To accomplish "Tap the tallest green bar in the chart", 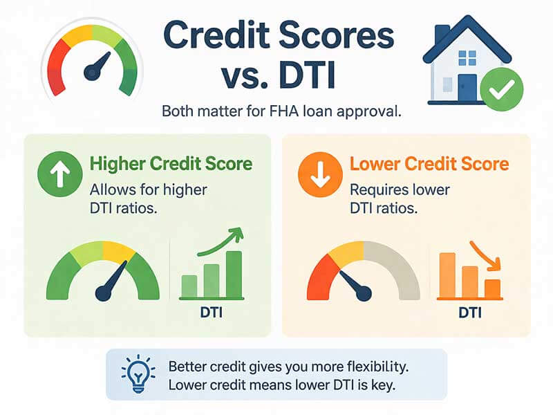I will tap(234, 274).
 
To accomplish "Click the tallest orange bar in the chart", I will tap(447, 275).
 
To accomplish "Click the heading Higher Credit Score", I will tap(171, 164).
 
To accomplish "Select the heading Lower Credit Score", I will tap(429, 164).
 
